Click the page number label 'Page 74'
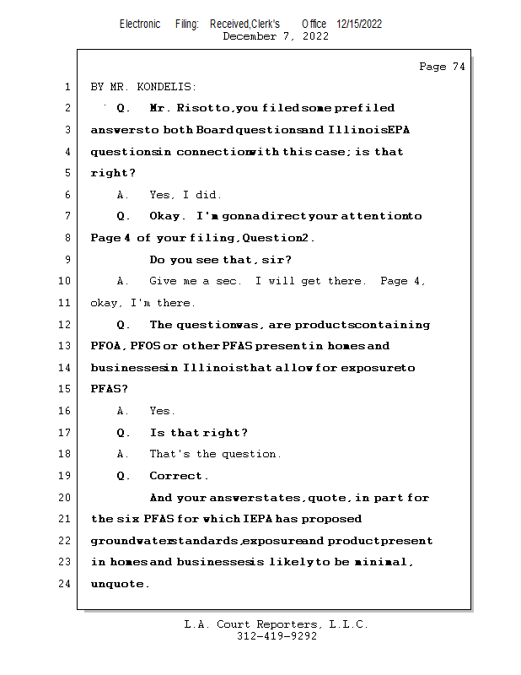click(x=442, y=67)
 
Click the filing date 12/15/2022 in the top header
click(x=359, y=24)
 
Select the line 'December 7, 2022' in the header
click(x=276, y=36)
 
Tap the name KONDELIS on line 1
click(x=167, y=87)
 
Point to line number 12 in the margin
click(x=67, y=325)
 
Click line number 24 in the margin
click(x=67, y=583)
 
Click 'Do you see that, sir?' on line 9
click(x=221, y=260)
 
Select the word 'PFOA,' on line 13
click(x=108, y=346)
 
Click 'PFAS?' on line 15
click(x=109, y=389)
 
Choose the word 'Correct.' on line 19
click(x=179, y=476)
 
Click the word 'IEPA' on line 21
click(x=258, y=519)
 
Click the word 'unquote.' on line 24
click(x=120, y=583)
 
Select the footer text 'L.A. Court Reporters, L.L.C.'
click(x=276, y=624)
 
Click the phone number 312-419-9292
click(x=277, y=636)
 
